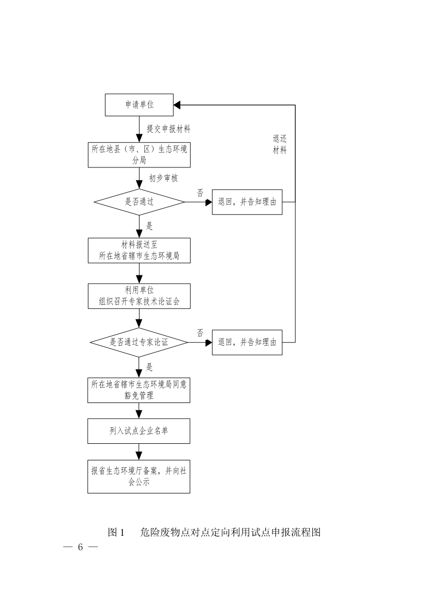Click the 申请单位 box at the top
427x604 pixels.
coord(139,105)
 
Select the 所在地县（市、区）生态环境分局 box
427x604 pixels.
coord(139,155)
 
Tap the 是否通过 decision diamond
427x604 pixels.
coord(139,202)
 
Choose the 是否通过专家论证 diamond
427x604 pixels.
coord(139,342)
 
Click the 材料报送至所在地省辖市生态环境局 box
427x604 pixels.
coord(139,251)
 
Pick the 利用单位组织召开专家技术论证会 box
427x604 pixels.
coord(139,296)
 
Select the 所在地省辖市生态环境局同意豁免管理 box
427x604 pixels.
coord(139,390)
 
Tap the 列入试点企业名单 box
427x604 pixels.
coord(139,431)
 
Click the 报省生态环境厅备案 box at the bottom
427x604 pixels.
coord(139,476)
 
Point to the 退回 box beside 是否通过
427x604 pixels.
coord(247,202)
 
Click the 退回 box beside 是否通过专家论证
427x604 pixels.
coord(247,342)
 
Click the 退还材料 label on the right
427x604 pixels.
coord(280,145)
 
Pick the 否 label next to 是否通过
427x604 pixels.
coord(200,193)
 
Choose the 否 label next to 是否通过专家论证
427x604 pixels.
coord(200,333)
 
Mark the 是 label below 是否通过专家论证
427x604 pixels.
coord(150,367)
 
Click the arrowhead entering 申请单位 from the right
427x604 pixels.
coord(177,105)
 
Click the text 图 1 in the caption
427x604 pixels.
coord(116,532)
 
